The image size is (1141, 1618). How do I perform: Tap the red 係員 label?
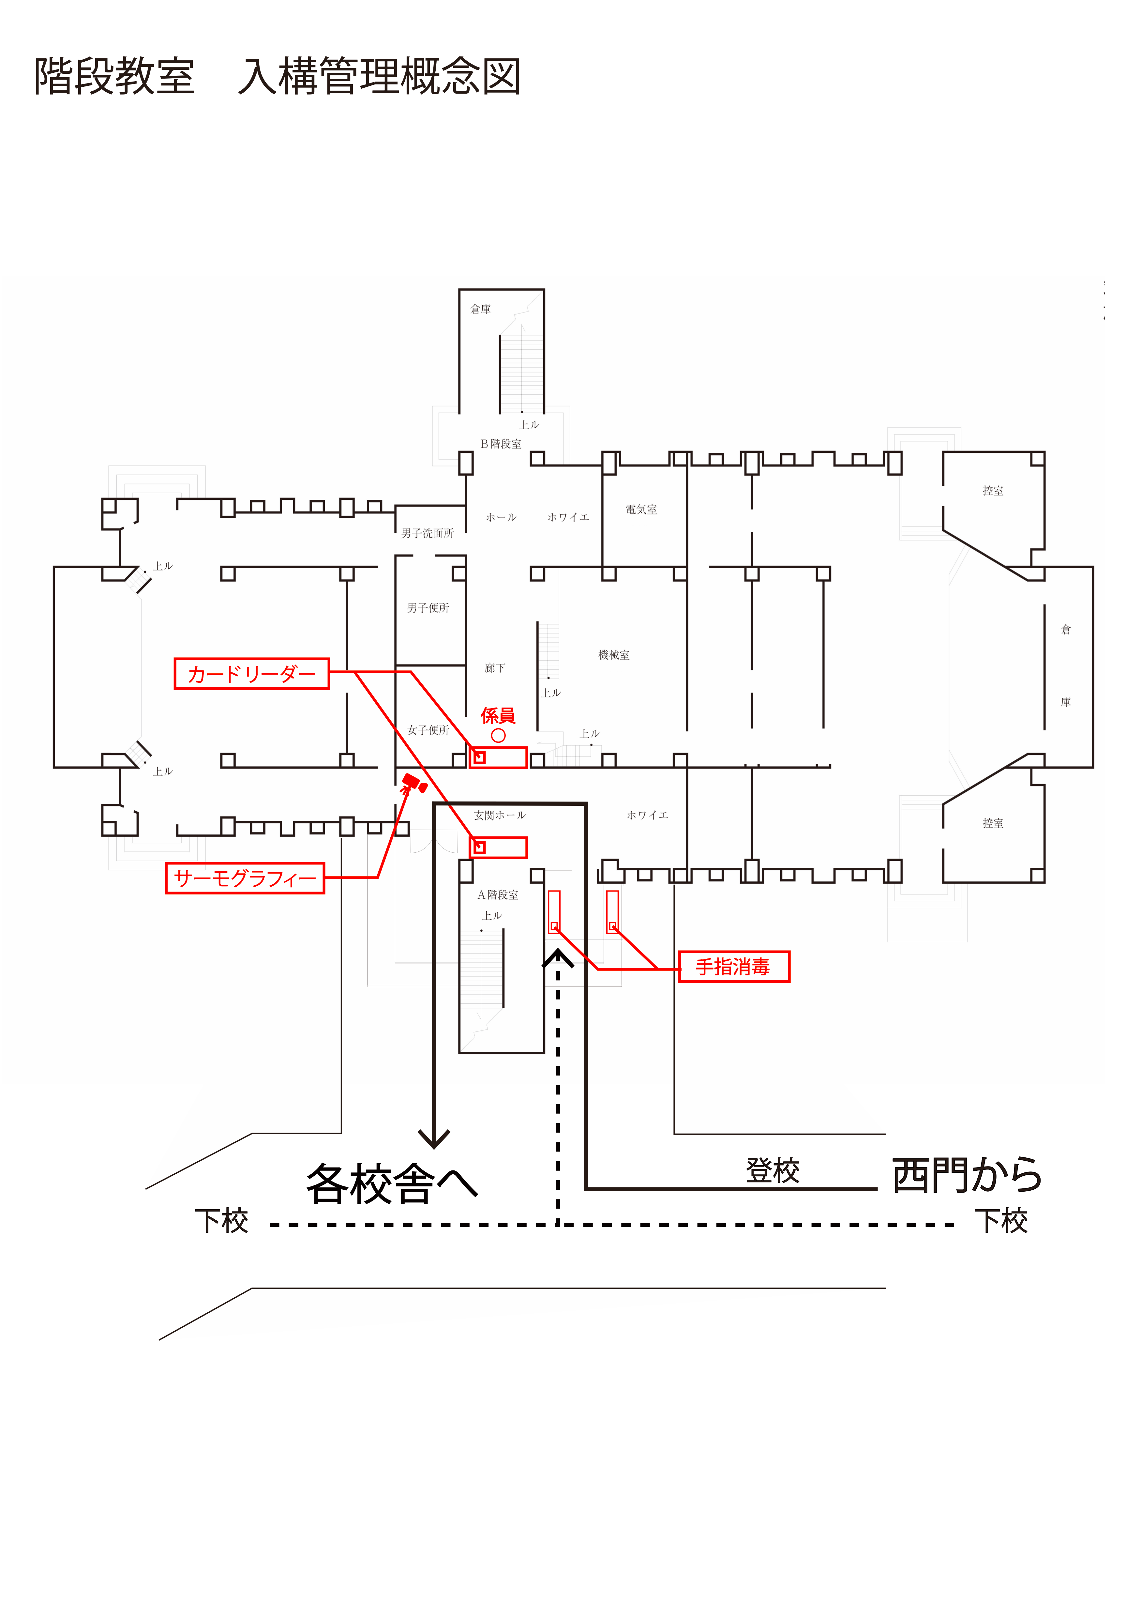[x=498, y=716]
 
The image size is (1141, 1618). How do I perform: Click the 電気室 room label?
[x=641, y=510]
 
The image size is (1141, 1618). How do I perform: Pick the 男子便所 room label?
[x=428, y=607]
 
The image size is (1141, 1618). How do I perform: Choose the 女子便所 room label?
[x=428, y=730]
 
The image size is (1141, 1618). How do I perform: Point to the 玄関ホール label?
[x=499, y=815]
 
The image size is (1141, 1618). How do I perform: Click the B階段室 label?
[x=501, y=444]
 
